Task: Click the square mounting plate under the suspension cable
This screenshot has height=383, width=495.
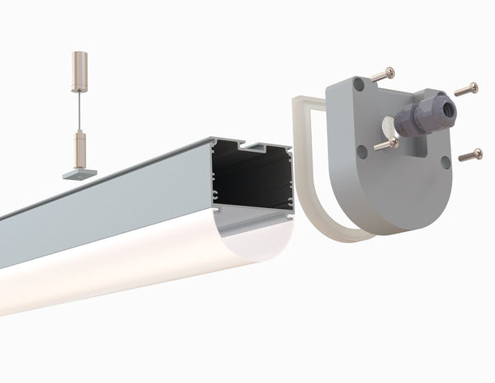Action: (79, 173)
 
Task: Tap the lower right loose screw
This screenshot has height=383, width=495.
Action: (469, 154)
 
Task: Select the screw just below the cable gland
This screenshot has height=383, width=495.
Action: (385, 144)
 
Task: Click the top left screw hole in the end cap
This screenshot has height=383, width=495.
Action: (358, 83)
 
